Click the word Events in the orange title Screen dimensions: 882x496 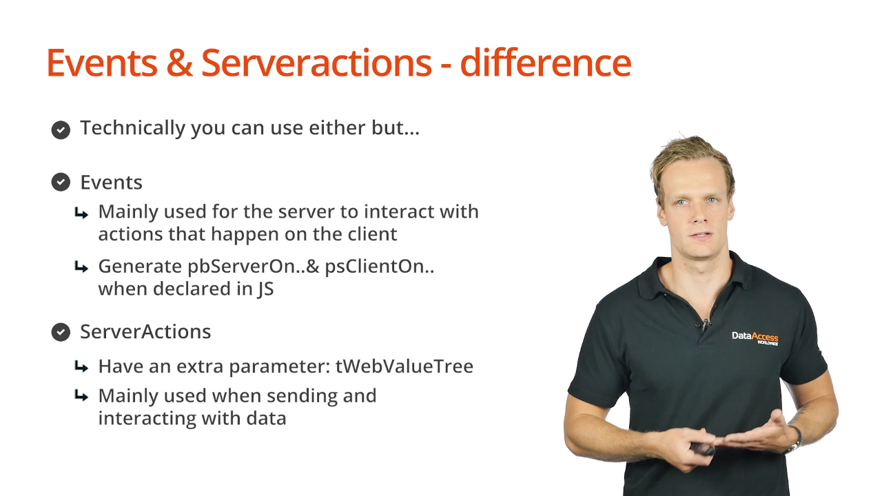click(x=102, y=63)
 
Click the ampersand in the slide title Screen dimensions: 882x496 click(x=179, y=63)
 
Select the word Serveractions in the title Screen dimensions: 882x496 click(x=316, y=63)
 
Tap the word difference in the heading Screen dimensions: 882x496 click(x=546, y=63)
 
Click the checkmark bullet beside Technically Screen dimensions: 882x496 click(x=61, y=130)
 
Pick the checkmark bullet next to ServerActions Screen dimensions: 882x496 click(x=61, y=332)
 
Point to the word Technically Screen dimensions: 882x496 click(x=133, y=128)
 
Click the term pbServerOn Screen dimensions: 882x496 click(x=241, y=267)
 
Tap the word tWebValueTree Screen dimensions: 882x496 click(x=404, y=366)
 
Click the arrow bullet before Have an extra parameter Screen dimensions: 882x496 click(x=81, y=367)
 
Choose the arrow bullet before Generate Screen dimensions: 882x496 click(x=81, y=267)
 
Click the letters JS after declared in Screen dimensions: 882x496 click(x=266, y=289)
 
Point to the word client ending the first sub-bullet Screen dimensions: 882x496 click(x=373, y=234)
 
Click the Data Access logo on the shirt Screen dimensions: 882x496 click(x=755, y=338)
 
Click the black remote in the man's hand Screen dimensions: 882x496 click(x=702, y=448)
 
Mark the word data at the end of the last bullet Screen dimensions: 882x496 click(x=266, y=418)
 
